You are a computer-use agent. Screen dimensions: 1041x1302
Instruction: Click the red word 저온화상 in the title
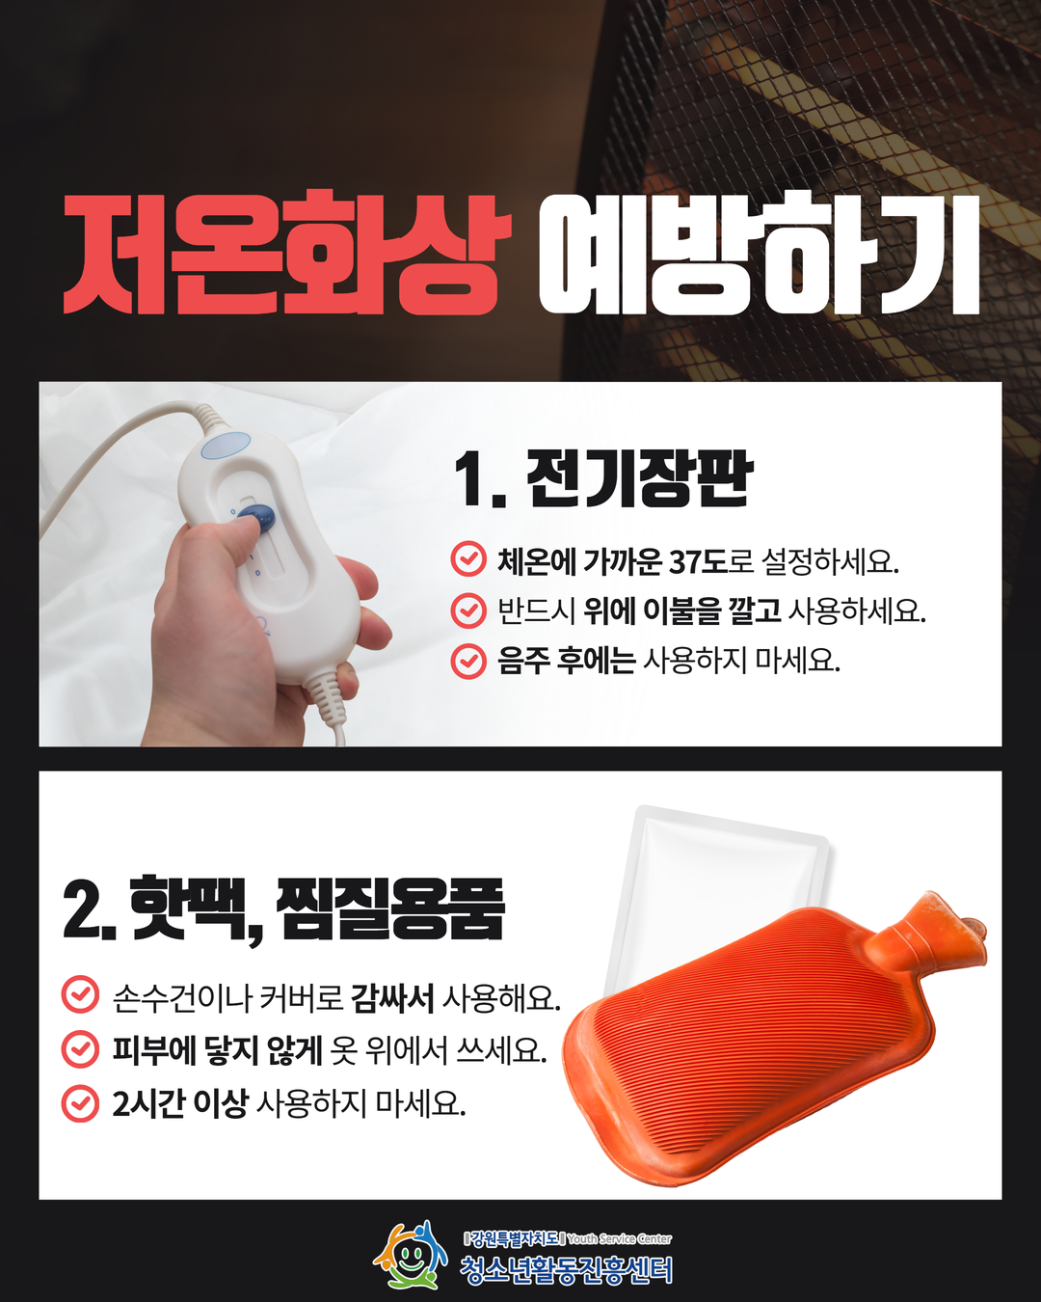pos(287,253)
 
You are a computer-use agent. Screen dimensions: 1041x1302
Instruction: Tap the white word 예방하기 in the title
pos(760,254)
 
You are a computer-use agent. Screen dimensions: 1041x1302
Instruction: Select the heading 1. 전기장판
pos(603,478)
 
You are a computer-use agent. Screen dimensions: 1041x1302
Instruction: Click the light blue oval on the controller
pos(226,446)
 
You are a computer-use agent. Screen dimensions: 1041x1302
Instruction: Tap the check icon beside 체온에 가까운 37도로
pos(468,558)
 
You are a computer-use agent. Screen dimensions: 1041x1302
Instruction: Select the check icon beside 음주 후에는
pos(468,661)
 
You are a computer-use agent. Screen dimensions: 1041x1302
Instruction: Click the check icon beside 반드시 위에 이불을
pos(468,610)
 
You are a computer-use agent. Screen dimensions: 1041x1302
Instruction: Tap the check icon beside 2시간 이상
pos(80,1103)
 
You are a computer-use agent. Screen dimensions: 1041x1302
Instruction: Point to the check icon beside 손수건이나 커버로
pos(80,996)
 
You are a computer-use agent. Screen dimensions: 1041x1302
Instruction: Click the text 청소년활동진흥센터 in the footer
pos(566,1269)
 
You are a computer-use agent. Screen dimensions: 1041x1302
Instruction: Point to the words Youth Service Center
pos(620,1239)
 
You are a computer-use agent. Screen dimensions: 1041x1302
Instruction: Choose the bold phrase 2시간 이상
pos(180,1103)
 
